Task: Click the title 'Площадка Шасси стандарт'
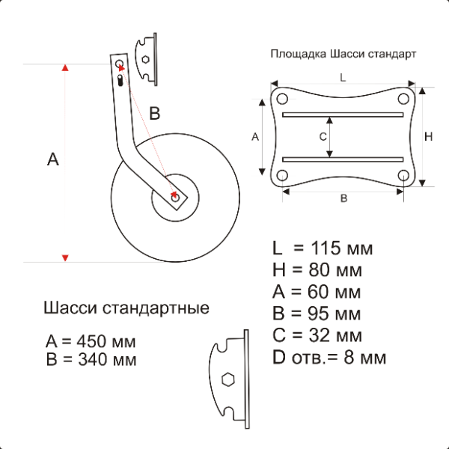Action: (343, 54)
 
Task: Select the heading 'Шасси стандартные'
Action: (126, 308)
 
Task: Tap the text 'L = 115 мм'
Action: (323, 248)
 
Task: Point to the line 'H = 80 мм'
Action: (317, 269)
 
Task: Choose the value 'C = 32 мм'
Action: (317, 335)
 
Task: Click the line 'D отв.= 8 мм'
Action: (329, 358)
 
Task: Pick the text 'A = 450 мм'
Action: (91, 341)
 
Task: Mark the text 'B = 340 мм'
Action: (91, 360)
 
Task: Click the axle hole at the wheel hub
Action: (175, 198)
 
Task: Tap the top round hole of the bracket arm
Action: (119, 64)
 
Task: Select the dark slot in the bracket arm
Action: (120, 80)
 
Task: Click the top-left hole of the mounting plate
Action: (282, 99)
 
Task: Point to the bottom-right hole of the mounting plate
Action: (403, 175)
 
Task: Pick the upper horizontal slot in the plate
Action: (343, 114)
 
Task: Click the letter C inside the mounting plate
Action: (323, 137)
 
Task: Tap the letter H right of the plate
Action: (428, 137)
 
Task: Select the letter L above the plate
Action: (343, 78)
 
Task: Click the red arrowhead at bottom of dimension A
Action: (65, 257)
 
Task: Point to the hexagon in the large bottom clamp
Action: (228, 379)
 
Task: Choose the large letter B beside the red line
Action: (155, 113)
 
